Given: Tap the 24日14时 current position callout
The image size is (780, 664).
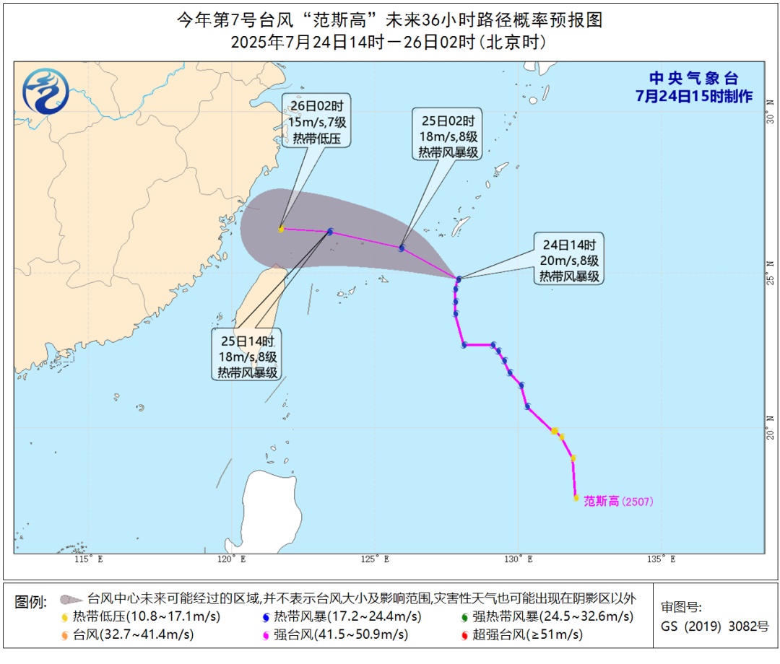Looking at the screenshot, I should point(568,258).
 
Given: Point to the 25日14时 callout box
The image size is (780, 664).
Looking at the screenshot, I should point(246,355).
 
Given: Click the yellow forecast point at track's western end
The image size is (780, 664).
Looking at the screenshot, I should point(281,229).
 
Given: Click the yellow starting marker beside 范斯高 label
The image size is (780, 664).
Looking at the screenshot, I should point(576,497).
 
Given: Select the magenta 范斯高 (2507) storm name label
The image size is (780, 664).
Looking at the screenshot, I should point(617,501).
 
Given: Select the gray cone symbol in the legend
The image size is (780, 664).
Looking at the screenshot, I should point(70,599).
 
